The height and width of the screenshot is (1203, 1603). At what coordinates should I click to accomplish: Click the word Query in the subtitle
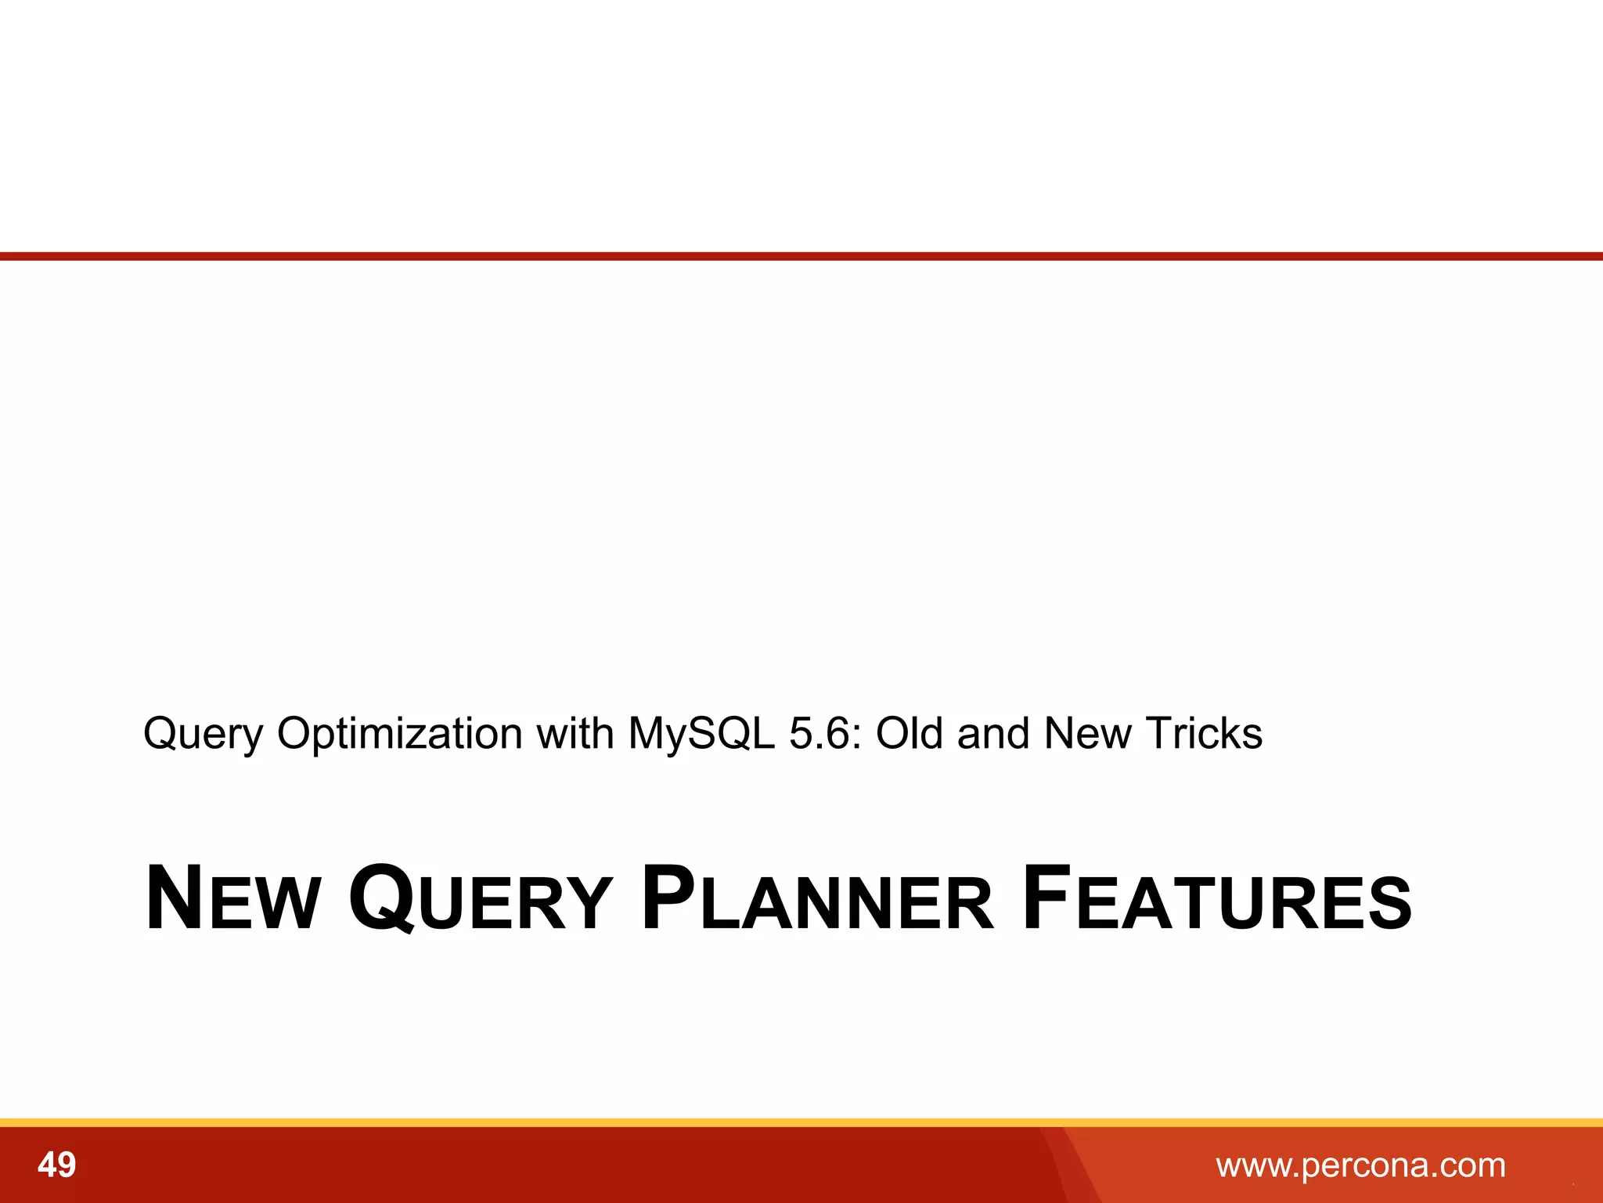click(x=204, y=735)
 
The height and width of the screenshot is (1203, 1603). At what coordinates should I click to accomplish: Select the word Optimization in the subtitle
click(x=399, y=735)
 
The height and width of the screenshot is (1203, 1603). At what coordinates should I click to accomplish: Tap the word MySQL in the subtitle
click(x=701, y=735)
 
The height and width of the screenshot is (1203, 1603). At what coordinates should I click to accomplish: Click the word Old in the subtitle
click(x=909, y=735)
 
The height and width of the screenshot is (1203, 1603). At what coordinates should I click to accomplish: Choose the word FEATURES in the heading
click(x=1217, y=899)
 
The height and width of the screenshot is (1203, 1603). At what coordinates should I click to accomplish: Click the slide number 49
click(x=56, y=1165)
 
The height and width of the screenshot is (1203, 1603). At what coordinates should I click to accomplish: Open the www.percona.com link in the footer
click(x=1360, y=1165)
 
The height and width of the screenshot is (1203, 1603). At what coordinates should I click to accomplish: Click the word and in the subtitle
click(x=992, y=735)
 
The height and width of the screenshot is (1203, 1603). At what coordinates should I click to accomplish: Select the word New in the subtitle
click(x=1088, y=735)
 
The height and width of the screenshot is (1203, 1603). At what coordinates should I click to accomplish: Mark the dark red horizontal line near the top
click(x=801, y=256)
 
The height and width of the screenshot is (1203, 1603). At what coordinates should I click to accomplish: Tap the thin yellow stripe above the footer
click(x=801, y=1122)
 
